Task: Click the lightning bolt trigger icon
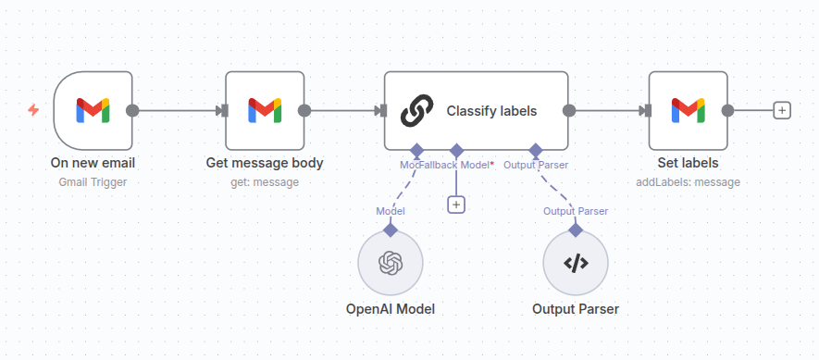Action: coord(33,110)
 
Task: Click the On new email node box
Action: coord(93,110)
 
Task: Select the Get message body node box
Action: coord(265,110)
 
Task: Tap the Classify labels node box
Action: coord(476,110)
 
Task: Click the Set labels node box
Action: coord(688,110)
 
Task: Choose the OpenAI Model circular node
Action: coord(391,264)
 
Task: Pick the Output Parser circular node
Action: coord(576,264)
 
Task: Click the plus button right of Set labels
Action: coord(782,110)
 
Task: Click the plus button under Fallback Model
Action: coord(455,205)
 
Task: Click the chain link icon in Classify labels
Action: coord(416,111)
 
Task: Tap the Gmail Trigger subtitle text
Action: coord(93,182)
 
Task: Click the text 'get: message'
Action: coord(265,182)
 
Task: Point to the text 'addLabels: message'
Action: coord(688,182)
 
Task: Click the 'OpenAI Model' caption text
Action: coord(391,309)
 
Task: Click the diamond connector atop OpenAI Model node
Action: coord(391,229)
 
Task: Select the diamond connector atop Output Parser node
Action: coord(576,229)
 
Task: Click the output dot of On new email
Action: coord(132,110)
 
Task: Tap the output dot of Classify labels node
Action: coord(569,110)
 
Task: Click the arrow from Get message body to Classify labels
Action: coord(344,110)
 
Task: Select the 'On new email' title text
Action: coord(93,164)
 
